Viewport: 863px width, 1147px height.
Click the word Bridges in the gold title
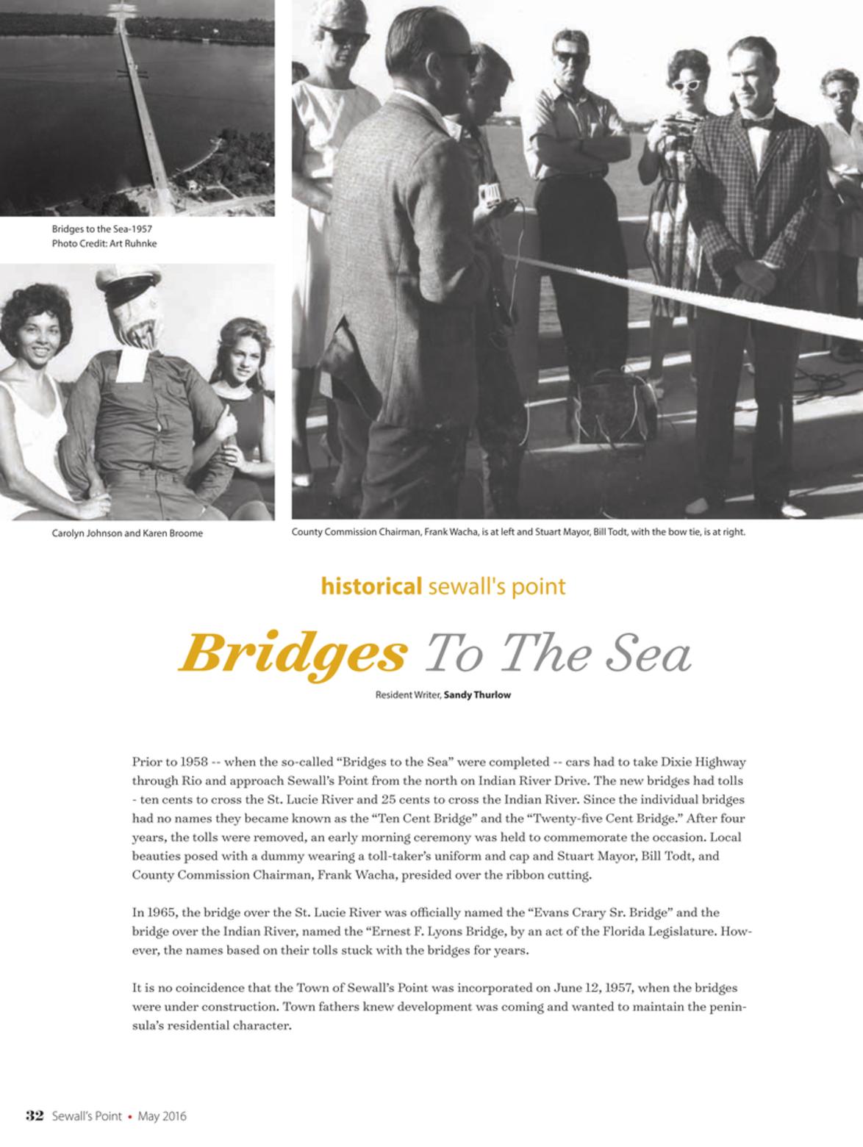(293, 651)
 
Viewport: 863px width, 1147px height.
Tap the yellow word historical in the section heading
(371, 586)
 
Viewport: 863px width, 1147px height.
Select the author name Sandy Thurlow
(477, 694)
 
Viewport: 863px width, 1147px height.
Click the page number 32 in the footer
(36, 1115)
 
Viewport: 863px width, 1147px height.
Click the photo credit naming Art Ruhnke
(104, 243)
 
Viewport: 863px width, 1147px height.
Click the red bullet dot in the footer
(130, 1116)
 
